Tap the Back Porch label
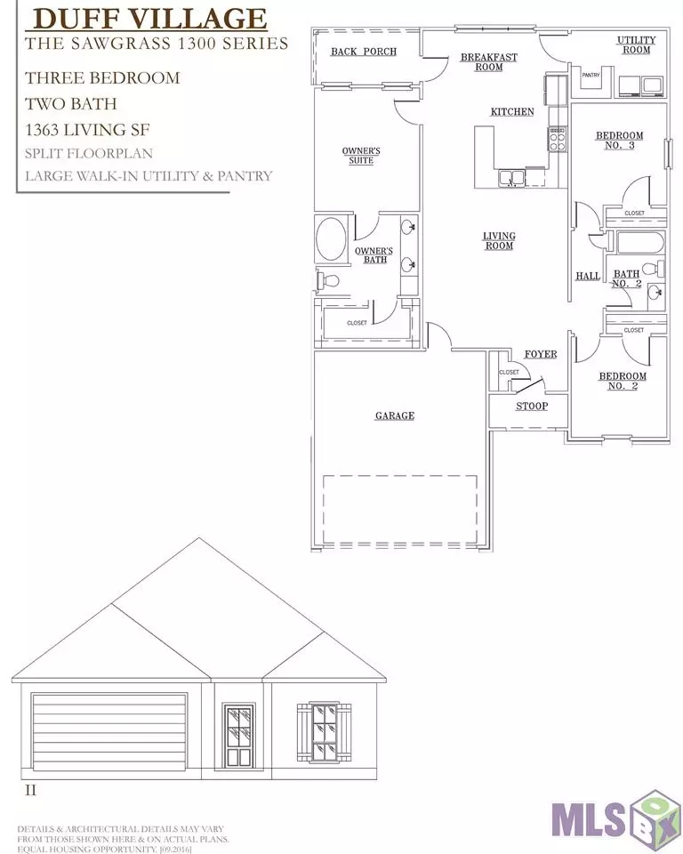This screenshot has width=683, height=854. point(364,52)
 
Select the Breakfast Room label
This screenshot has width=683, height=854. point(488,61)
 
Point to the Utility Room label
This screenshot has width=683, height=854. point(636,44)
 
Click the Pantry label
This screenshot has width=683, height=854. point(591,75)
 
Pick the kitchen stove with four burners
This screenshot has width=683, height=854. point(558,140)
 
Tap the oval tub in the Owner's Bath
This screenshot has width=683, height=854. point(330,239)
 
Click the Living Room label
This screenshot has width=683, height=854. point(499,241)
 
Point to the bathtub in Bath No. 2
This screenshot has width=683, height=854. point(640,243)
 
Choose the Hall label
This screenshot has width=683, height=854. point(588,276)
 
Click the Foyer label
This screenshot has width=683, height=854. point(541,355)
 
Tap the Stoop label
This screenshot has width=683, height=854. point(532,407)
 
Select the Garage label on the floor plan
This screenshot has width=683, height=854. point(395,415)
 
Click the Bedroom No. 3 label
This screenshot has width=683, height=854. point(619,140)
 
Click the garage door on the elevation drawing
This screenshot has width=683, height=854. point(108,731)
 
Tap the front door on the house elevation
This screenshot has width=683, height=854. point(239,736)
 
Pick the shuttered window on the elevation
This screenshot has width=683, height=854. point(324,731)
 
